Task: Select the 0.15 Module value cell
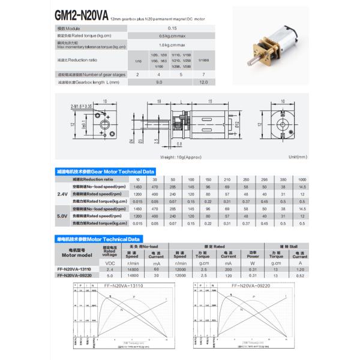tap(172, 28)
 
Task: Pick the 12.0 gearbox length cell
tap(204, 82)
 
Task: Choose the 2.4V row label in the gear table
tap(62, 194)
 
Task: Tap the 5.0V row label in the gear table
tap(62, 215)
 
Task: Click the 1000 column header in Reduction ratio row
tap(302, 179)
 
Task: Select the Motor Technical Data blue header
tap(97, 238)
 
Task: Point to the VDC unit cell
tap(110, 263)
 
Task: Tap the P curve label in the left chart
tap(133, 297)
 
